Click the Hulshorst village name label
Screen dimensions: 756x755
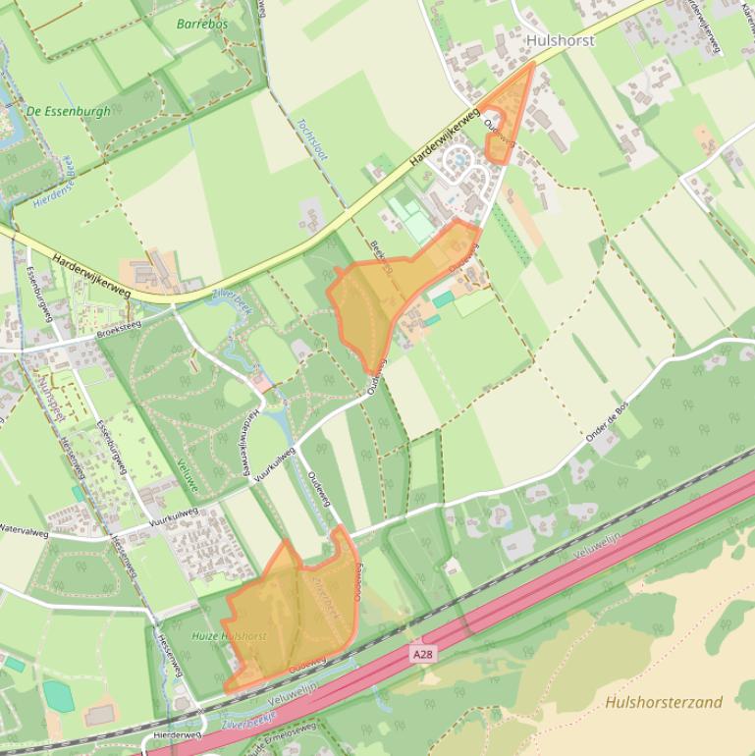point(560,40)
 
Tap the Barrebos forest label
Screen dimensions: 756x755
point(202,24)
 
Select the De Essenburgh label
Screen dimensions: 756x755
point(69,111)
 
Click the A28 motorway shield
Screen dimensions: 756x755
point(422,653)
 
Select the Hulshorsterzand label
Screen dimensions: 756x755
point(664,702)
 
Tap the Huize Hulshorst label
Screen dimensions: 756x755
point(229,636)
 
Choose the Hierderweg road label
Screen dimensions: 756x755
point(177,734)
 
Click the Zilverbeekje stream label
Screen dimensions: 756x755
point(246,724)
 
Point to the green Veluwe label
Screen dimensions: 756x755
point(188,477)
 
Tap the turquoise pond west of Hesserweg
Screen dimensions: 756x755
point(58,696)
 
